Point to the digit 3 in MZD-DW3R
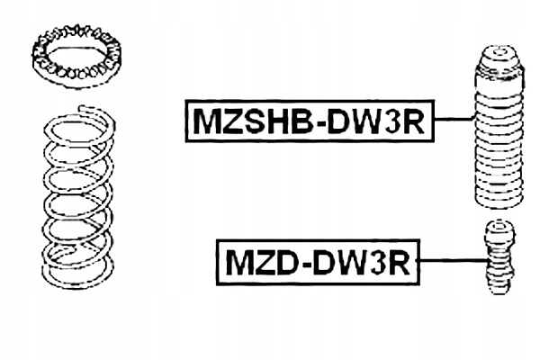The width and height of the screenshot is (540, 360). tap(382, 263)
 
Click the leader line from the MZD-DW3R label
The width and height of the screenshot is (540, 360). tap(450, 261)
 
